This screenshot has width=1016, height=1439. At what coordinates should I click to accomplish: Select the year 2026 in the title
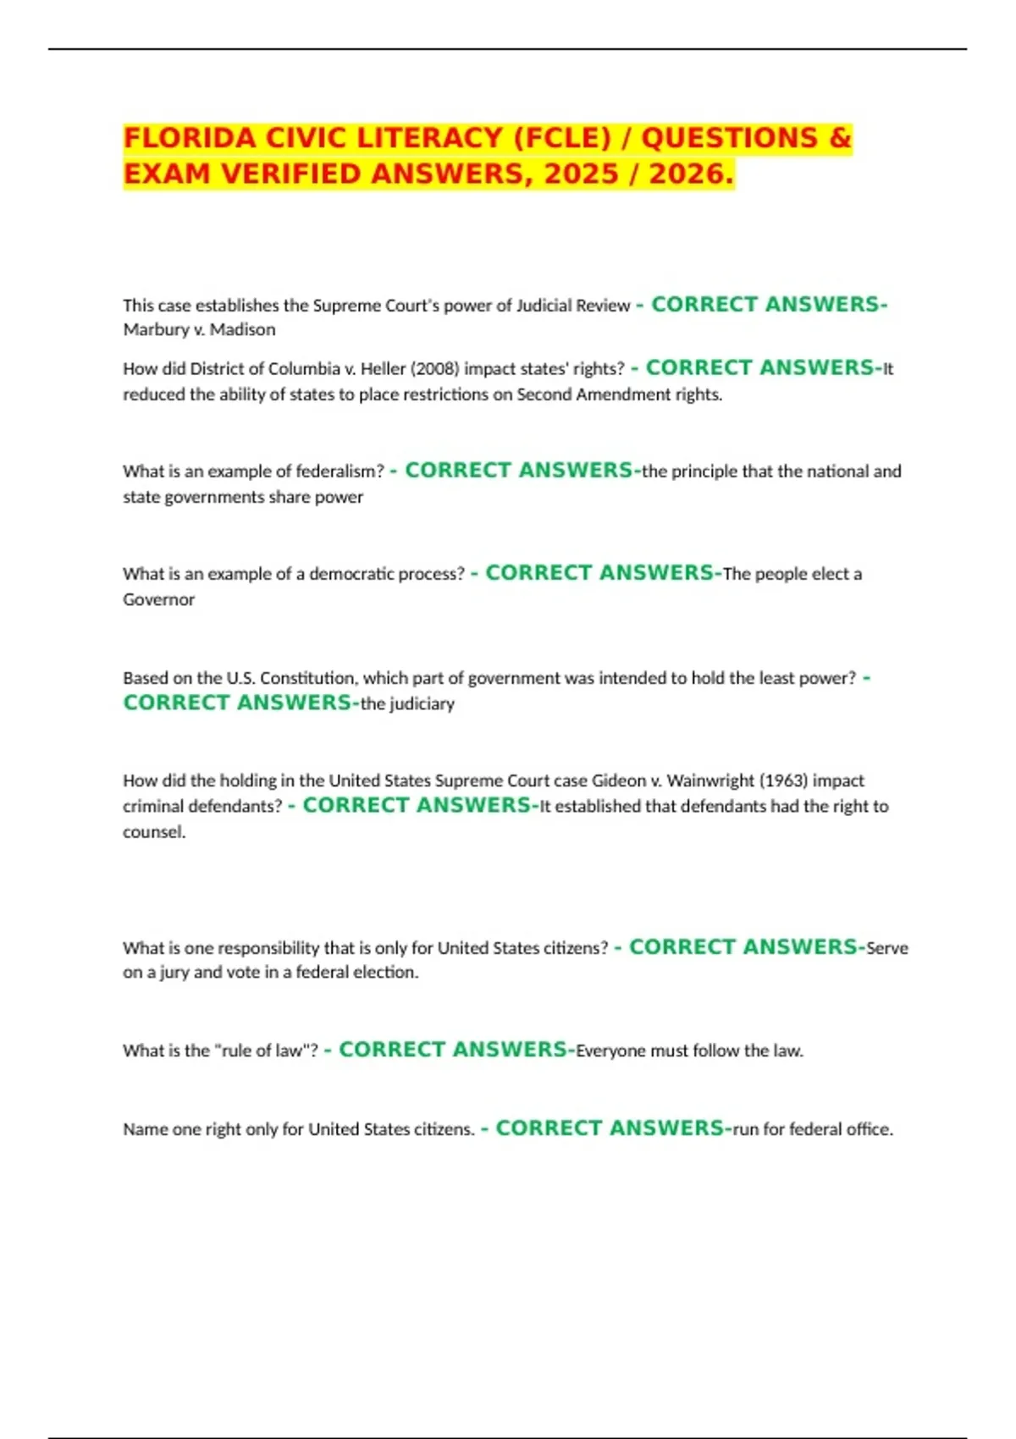pyautogui.click(x=687, y=174)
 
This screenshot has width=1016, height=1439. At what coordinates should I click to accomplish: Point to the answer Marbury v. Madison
pyautogui.click(x=199, y=329)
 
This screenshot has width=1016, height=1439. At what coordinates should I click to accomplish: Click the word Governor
pyautogui.click(x=159, y=599)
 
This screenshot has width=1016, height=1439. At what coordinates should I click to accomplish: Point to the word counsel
pyautogui.click(x=153, y=832)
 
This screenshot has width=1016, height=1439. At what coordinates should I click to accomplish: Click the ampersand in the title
pyautogui.click(x=840, y=138)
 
